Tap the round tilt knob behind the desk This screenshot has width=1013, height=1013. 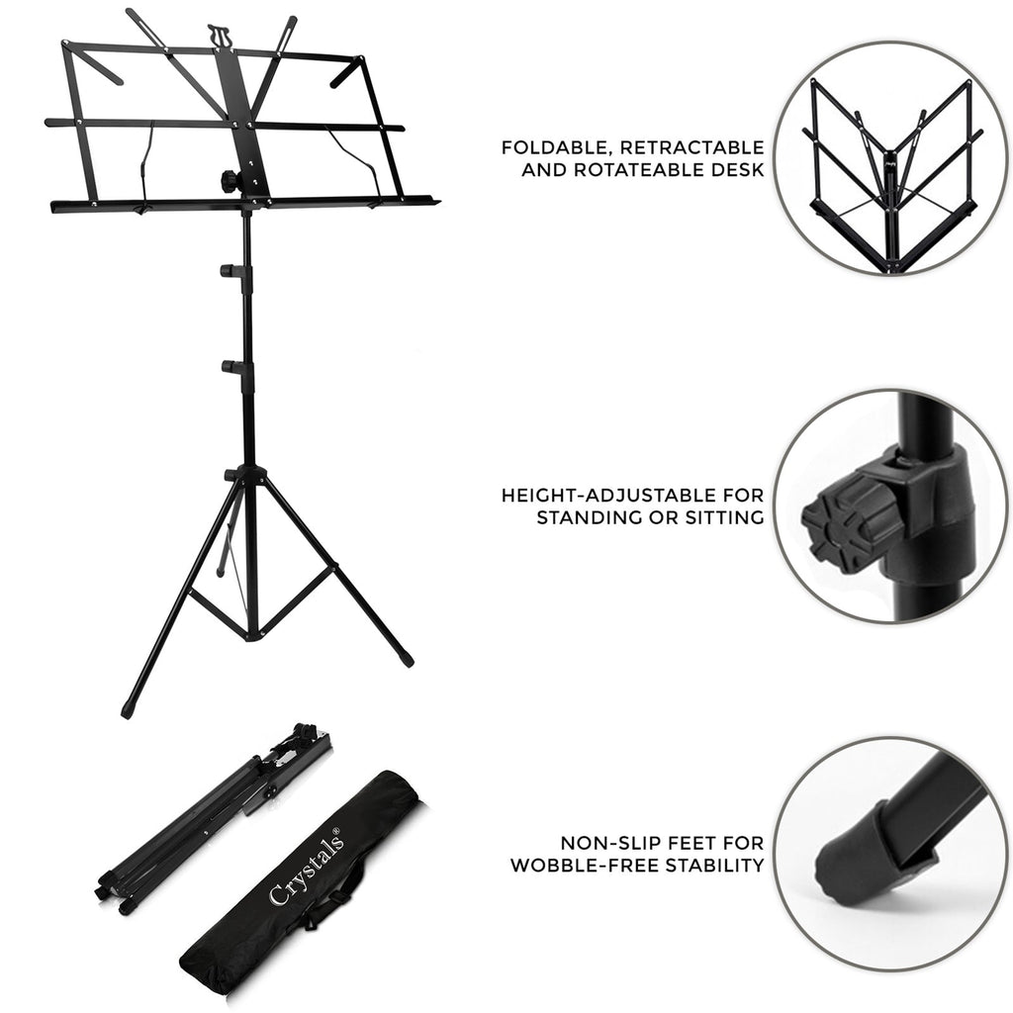(x=228, y=181)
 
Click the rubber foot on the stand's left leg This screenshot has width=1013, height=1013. (x=129, y=709)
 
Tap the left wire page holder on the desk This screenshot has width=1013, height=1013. (x=146, y=163)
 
